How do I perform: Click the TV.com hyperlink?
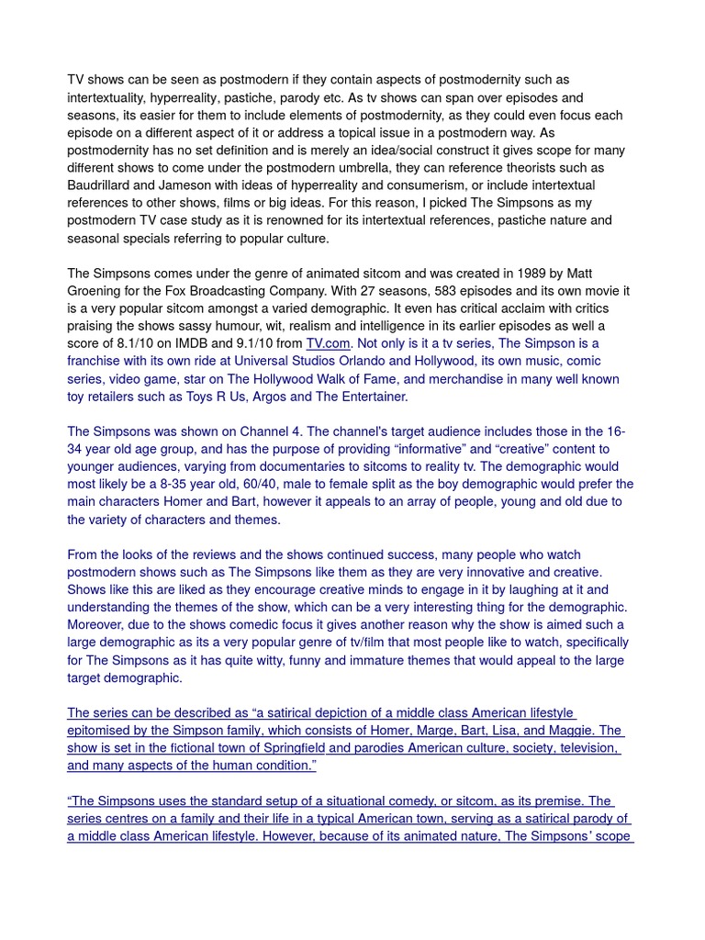(328, 344)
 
